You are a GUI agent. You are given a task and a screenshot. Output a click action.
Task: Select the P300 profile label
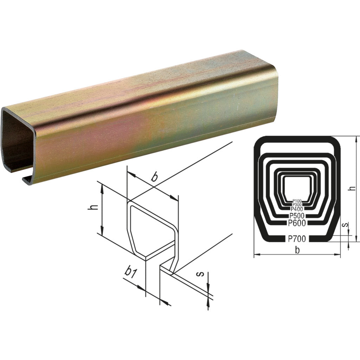pyautogui.click(x=297, y=205)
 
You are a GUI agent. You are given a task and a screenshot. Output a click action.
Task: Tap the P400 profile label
pyautogui.click(x=297, y=209)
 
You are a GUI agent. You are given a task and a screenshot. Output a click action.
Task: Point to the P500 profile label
pyautogui.click(x=297, y=216)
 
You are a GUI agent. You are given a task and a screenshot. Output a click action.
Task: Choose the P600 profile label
pyautogui.click(x=297, y=223)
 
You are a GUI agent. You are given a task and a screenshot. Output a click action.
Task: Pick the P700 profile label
pyautogui.click(x=297, y=239)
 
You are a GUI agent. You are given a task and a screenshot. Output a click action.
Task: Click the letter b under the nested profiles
pyautogui.click(x=297, y=250)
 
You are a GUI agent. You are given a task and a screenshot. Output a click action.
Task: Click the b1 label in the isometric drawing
pyautogui.click(x=131, y=273)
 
